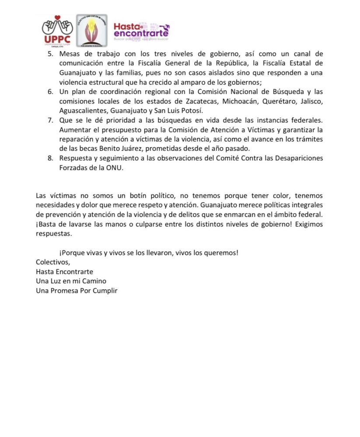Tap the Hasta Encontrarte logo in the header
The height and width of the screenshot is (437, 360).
141,31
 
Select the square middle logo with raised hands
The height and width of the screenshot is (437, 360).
92,30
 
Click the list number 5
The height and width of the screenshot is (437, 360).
50,54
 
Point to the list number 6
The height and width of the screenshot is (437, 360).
50,92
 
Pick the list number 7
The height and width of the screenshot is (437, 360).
50,120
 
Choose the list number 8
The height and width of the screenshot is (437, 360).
50,158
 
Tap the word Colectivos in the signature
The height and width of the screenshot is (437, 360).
52,262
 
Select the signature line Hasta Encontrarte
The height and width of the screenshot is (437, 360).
64,271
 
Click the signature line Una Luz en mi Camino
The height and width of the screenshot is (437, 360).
71,281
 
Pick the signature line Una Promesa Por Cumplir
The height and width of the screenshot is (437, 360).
77,290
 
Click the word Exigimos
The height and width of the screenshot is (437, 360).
308,224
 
